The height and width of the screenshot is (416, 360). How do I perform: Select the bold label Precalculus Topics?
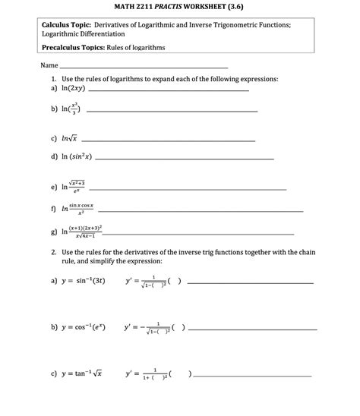click(74, 47)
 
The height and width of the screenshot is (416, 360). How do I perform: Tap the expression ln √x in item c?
click(66, 139)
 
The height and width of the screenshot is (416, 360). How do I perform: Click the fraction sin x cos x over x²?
click(81, 209)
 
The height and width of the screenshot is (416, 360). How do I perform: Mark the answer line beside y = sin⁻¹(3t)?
click(250, 283)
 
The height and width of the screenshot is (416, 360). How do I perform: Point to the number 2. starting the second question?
click(53, 251)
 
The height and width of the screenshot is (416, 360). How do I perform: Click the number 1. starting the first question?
click(53, 79)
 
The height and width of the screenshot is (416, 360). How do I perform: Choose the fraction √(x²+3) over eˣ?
click(75, 186)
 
